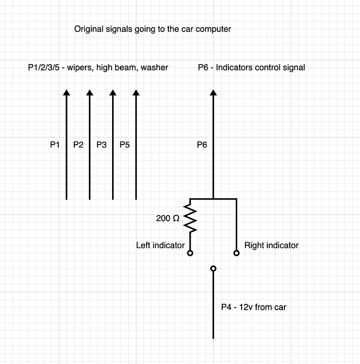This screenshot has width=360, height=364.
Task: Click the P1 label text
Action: pyautogui.click(x=55, y=145)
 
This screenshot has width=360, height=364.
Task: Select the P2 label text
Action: pyautogui.click(x=78, y=145)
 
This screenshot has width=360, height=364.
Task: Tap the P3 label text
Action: pyautogui.click(x=101, y=145)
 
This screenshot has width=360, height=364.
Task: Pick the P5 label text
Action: pyautogui.click(x=124, y=145)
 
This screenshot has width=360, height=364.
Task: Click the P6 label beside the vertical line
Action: pyautogui.click(x=202, y=145)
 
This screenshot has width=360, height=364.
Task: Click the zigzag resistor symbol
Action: pyautogui.click(x=190, y=218)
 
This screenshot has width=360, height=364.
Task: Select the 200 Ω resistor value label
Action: pyautogui.click(x=167, y=219)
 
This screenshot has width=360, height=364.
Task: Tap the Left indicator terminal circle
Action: pyautogui.click(x=190, y=253)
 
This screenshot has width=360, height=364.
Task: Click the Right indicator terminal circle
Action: pyautogui.click(x=236, y=253)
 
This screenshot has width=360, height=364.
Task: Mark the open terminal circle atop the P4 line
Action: pyautogui.click(x=213, y=268)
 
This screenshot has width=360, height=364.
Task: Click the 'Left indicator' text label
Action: pyautogui.click(x=160, y=246)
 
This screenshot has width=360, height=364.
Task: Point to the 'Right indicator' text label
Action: pyautogui.click(x=271, y=246)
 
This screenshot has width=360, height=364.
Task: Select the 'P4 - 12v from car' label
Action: pyautogui.click(x=253, y=307)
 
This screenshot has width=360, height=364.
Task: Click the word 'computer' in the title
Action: pyautogui.click(x=213, y=29)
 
